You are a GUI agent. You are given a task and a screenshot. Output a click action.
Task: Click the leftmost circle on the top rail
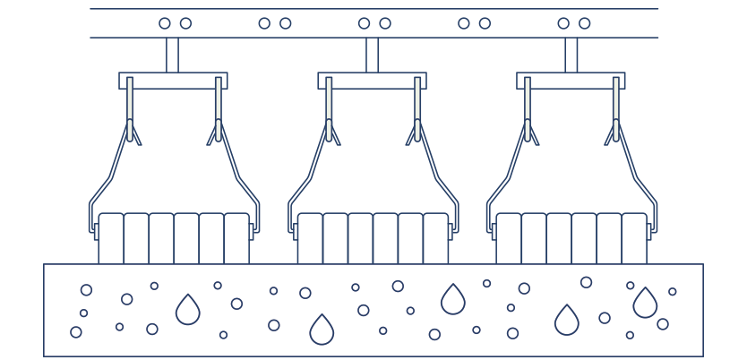click(x=165, y=23)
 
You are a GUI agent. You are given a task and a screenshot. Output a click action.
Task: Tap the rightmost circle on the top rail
click(x=584, y=23)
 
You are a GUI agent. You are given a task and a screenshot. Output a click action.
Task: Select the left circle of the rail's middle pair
click(x=364, y=23)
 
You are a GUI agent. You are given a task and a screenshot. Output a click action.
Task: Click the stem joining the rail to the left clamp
click(x=172, y=55)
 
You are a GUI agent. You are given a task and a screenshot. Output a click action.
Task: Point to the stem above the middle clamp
click(x=372, y=55)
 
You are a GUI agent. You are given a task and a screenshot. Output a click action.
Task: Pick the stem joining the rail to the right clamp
click(x=571, y=55)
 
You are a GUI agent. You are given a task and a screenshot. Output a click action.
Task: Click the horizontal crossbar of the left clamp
click(x=173, y=81)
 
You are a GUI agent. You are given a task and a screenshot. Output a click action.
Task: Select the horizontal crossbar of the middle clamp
click(x=372, y=81)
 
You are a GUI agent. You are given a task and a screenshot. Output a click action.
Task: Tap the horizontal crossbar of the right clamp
click(x=571, y=81)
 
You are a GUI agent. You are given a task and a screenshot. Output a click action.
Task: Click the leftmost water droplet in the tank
click(x=188, y=311)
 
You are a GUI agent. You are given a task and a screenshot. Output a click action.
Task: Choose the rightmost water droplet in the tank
click(x=645, y=304)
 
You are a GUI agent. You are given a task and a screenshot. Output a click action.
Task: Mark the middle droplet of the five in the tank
click(x=453, y=300)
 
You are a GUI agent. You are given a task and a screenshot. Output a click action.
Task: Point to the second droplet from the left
click(x=322, y=330)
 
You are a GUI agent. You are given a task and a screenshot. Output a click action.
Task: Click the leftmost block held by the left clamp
click(x=111, y=238)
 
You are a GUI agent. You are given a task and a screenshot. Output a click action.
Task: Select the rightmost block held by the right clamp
click(x=634, y=238)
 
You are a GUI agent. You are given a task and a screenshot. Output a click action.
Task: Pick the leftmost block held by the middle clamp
click(x=310, y=238)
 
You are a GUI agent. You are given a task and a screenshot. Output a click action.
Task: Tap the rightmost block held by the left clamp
click(x=236, y=238)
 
